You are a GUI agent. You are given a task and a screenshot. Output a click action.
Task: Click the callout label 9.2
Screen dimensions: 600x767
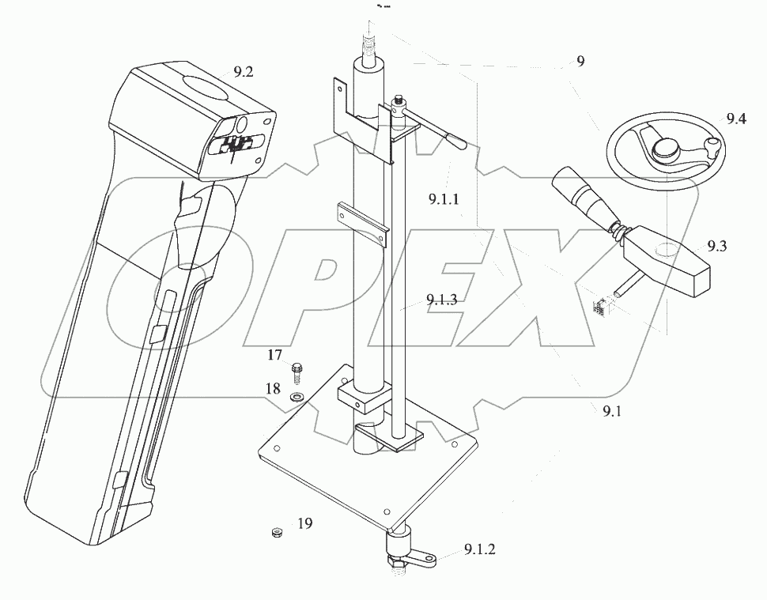(243, 72)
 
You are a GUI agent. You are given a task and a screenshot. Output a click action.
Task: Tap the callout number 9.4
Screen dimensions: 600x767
(736, 119)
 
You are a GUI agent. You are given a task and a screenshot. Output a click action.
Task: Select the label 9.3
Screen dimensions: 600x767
(717, 246)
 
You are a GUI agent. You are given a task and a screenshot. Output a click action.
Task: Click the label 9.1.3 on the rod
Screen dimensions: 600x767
(441, 300)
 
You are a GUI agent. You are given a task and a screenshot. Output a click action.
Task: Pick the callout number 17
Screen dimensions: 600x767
(274, 356)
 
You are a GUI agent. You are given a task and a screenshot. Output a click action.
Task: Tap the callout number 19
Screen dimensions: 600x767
(305, 523)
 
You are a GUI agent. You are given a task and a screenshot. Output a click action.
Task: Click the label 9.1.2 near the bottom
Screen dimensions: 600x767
(480, 549)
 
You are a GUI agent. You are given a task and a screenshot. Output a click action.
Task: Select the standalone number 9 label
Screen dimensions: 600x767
(580, 62)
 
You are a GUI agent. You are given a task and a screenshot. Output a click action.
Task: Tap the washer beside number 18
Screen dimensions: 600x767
(297, 394)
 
